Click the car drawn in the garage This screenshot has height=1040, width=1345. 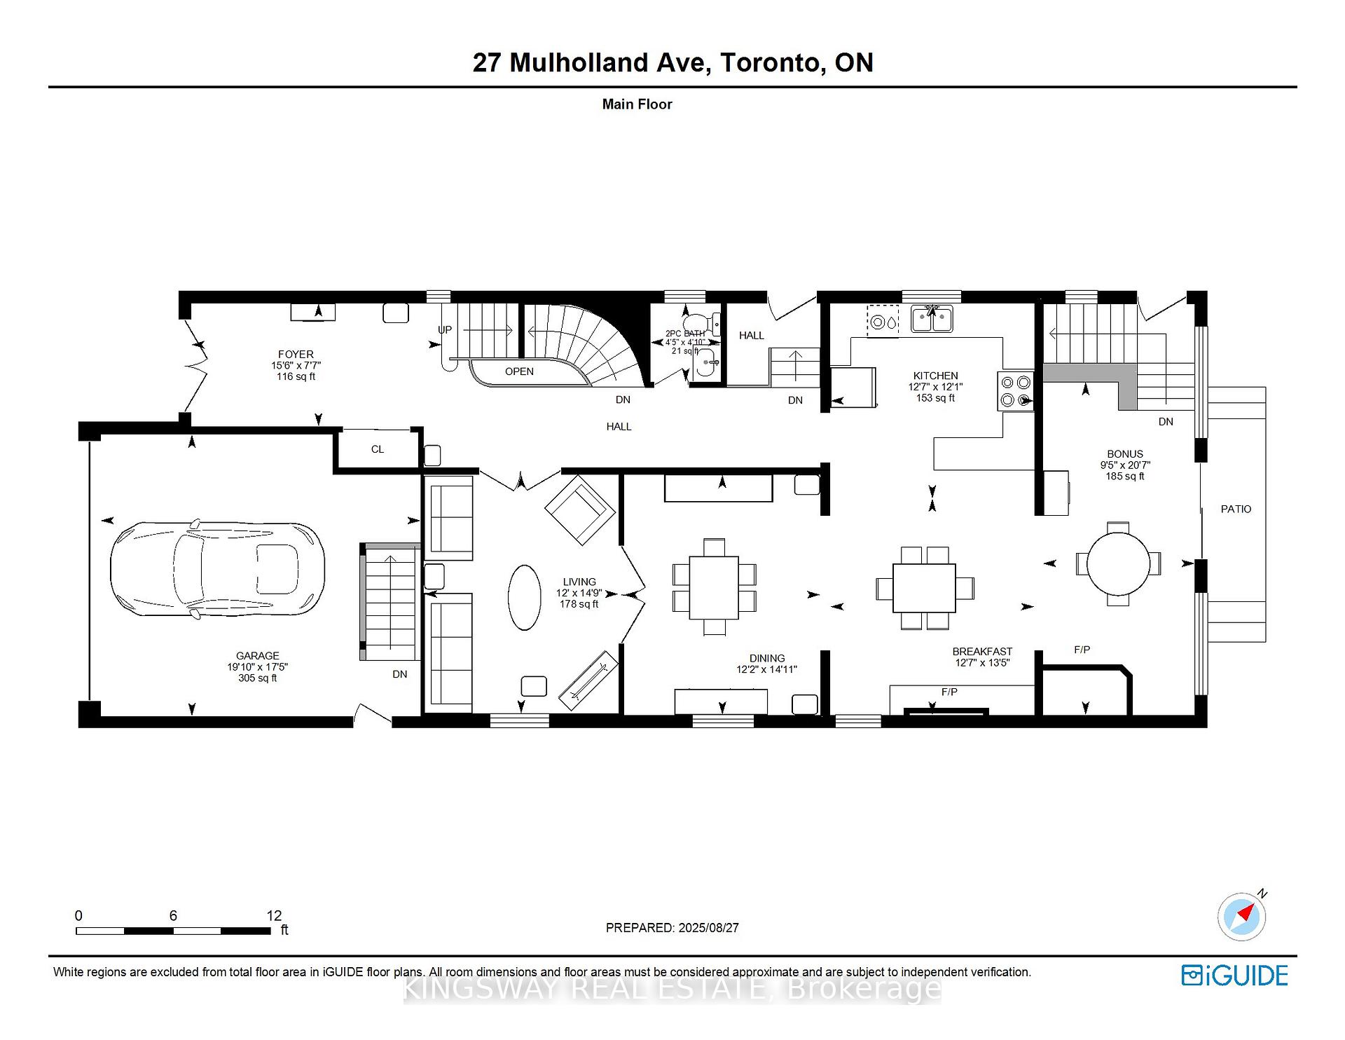(217, 568)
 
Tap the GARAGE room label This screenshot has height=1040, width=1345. (257, 656)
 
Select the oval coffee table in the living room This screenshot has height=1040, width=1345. (524, 598)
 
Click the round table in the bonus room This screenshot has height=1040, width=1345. (1118, 563)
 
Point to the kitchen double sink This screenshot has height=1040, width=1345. (932, 319)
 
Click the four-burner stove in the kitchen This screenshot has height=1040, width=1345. (1015, 391)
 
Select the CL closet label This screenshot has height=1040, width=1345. (378, 449)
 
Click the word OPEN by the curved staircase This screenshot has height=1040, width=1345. (519, 371)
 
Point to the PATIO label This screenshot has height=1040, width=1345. (1236, 509)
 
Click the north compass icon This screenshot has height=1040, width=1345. (1242, 916)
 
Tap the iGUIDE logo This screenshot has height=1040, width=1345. (1234, 976)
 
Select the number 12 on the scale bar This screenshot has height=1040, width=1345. (274, 915)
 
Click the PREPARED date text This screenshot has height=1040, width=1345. (672, 927)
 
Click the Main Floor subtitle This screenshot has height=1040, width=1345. (637, 104)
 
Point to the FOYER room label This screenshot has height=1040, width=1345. (296, 355)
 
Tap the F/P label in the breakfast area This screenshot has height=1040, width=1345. (949, 692)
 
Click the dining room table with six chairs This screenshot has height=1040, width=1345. (714, 587)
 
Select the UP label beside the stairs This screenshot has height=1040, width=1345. (445, 329)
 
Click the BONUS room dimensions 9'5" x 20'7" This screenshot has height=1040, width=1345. (1125, 465)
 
